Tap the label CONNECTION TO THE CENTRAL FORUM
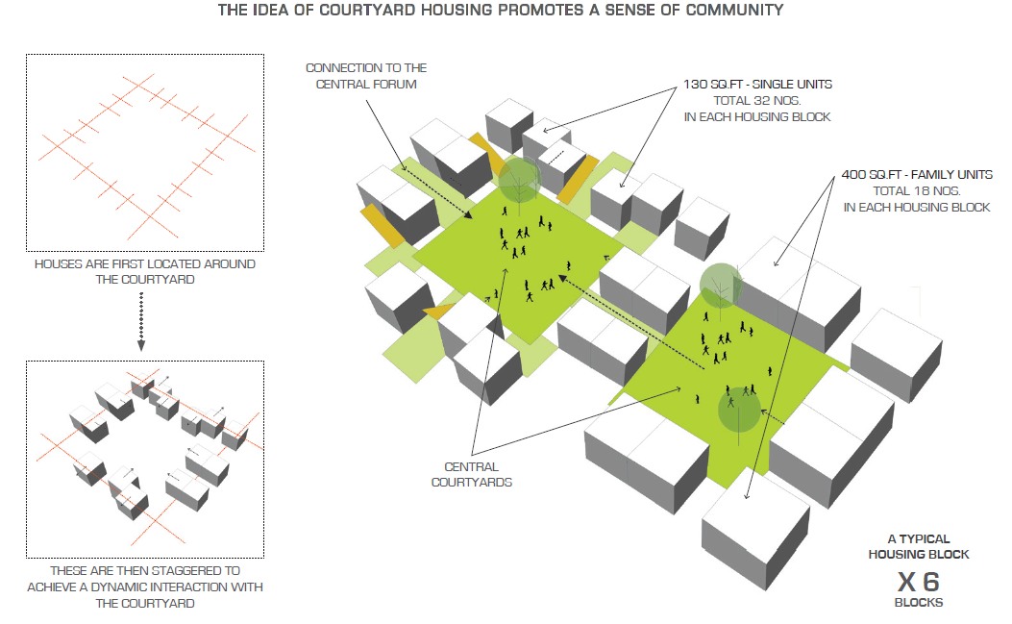[x=366, y=76]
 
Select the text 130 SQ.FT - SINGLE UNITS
[x=757, y=84]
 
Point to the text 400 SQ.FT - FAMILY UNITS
[x=917, y=174]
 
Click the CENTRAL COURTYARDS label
[x=471, y=474]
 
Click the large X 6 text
[x=919, y=582]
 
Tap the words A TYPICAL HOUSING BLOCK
[x=919, y=546]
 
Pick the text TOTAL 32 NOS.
[x=757, y=100]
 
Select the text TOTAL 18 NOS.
[x=917, y=190]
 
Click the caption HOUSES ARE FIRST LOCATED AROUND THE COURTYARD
[x=144, y=271]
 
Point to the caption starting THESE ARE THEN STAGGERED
[x=144, y=587]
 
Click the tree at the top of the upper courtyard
[x=519, y=179]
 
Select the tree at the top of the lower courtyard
[x=720, y=287]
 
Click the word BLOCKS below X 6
[x=919, y=602]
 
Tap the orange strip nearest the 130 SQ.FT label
[x=577, y=178]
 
